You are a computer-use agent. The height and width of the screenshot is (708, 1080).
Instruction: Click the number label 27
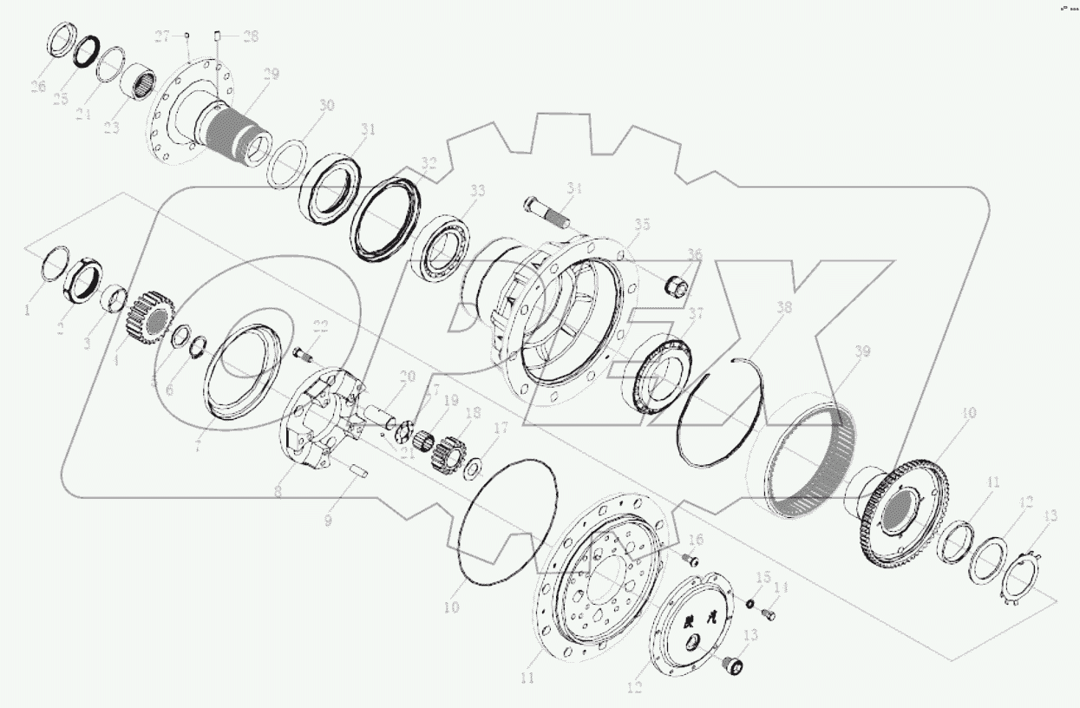click(163, 36)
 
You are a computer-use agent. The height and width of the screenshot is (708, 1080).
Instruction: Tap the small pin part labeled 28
click(219, 36)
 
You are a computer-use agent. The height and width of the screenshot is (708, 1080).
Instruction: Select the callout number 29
click(271, 75)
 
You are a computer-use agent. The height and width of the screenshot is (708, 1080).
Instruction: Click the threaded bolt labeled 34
click(545, 209)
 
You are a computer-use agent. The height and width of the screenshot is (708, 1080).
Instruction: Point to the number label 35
click(641, 225)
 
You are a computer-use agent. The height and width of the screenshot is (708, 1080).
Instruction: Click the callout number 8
click(278, 492)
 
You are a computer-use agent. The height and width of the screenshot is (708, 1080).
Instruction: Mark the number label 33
click(477, 191)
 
